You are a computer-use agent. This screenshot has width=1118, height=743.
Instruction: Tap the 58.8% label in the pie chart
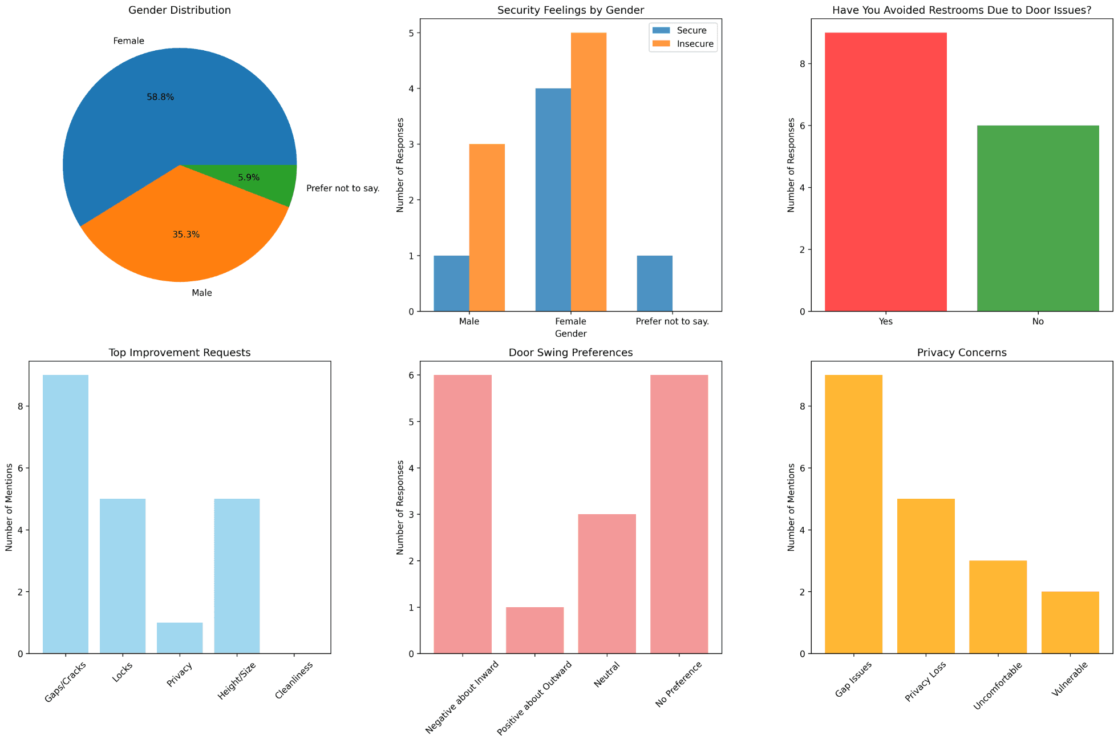coord(160,97)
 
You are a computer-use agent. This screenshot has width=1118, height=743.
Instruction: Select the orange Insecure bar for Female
coord(589,172)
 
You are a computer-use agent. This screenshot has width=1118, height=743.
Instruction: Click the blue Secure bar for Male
coord(451,283)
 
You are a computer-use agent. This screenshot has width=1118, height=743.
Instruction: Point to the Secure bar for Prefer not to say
coord(654,283)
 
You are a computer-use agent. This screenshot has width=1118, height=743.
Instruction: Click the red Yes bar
coord(886,172)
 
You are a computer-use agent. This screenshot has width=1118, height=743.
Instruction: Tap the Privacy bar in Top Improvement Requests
coord(180,637)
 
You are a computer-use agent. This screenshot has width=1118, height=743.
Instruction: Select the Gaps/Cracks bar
coord(66,514)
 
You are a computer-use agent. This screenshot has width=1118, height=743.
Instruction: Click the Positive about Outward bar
coord(534,630)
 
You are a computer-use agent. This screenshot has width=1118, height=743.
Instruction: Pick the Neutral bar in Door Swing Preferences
coord(606,583)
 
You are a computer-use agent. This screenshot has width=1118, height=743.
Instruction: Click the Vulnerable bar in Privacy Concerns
coord(1070,622)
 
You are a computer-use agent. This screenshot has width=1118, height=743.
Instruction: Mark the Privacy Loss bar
coord(926,576)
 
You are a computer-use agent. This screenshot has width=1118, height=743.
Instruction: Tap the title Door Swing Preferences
coord(570,353)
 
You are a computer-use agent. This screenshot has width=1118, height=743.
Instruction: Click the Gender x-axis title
coord(570,333)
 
